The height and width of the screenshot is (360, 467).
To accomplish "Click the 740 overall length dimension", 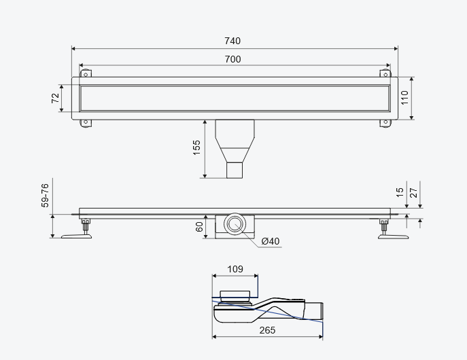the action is coord(232,41).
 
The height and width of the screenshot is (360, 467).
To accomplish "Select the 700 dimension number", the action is coord(232,59).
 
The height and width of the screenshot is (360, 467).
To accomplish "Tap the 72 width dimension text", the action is coord(55,98).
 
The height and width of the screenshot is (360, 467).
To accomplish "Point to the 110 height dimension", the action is coord(404,98).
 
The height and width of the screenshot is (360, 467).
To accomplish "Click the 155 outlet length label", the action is coord(196,148).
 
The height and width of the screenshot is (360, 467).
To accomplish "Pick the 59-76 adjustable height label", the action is coord(45,196).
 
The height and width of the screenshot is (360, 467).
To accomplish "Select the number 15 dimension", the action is coord(400,192).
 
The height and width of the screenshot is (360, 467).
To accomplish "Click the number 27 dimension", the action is coord(414,192).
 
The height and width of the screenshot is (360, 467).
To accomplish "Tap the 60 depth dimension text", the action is coord(199,227).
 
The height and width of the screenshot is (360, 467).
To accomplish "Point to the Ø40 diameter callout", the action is coord(271,241).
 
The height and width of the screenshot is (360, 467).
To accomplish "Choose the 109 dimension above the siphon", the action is coord(235,269).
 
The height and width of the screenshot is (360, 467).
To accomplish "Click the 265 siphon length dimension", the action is coord(267,330).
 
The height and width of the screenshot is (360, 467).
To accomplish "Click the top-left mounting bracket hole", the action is coord(86,75).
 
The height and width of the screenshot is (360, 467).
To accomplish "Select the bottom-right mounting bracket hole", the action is coord(385,122).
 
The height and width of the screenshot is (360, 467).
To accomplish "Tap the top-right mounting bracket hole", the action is coord(385,75).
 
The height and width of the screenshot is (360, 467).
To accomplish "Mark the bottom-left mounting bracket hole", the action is coord(86,122).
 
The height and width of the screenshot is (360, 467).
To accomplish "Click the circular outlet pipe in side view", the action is coord(235,223).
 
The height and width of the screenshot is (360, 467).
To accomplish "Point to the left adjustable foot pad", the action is coord(76,236).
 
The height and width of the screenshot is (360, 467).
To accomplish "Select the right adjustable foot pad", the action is coord(393,236).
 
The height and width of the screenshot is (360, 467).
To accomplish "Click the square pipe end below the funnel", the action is coord(235,170).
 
